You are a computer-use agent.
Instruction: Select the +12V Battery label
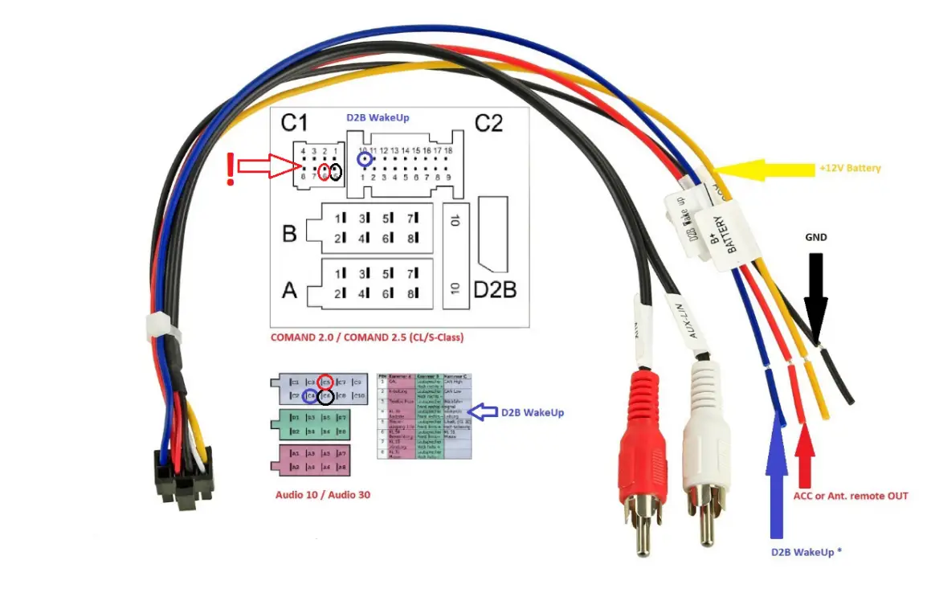(850, 169)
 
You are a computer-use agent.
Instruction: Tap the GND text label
(816, 238)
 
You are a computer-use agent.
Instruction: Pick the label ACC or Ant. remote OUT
(850, 496)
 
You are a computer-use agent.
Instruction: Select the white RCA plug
(703, 450)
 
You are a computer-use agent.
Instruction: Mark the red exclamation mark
(231, 170)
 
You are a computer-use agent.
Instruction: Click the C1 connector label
(294, 123)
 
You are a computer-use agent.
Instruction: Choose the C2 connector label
(488, 123)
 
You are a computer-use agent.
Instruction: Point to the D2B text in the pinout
(494, 289)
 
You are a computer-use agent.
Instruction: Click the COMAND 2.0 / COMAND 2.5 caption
(367, 337)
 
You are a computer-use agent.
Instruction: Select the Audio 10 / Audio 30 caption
(323, 495)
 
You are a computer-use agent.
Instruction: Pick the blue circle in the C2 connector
(366, 160)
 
